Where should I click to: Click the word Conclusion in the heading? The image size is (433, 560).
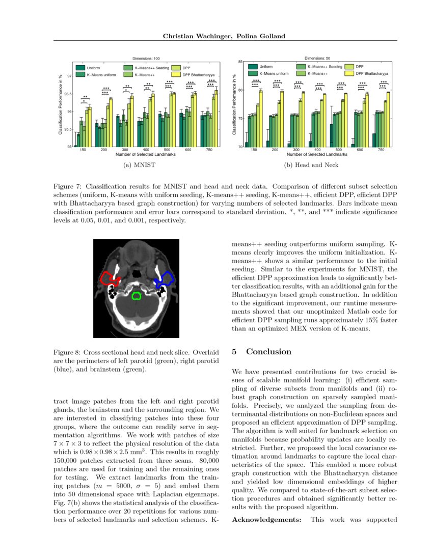click(x=269, y=352)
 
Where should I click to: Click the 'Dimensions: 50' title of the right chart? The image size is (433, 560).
click(x=317, y=58)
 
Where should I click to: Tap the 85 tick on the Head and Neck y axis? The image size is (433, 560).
click(x=241, y=62)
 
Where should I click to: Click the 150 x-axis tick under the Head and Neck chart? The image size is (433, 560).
click(x=254, y=151)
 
